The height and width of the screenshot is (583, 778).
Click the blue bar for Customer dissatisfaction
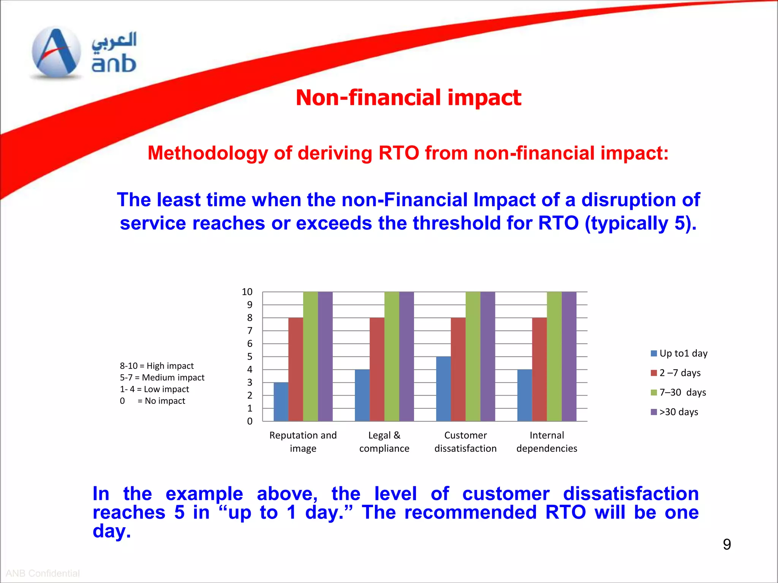point(443,389)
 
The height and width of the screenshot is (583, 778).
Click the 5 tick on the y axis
point(250,356)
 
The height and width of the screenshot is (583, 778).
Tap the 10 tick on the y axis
point(247,292)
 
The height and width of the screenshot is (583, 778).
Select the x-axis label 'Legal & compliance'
point(384,442)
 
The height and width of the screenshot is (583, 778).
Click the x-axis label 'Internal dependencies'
point(547,442)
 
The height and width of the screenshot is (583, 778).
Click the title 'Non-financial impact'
point(408,98)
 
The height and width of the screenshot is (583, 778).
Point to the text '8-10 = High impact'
point(157,366)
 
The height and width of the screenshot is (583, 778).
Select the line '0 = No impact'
point(152,401)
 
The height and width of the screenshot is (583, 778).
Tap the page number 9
point(727,544)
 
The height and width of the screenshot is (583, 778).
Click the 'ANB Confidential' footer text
point(43,573)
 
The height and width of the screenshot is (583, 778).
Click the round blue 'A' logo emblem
point(56,52)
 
